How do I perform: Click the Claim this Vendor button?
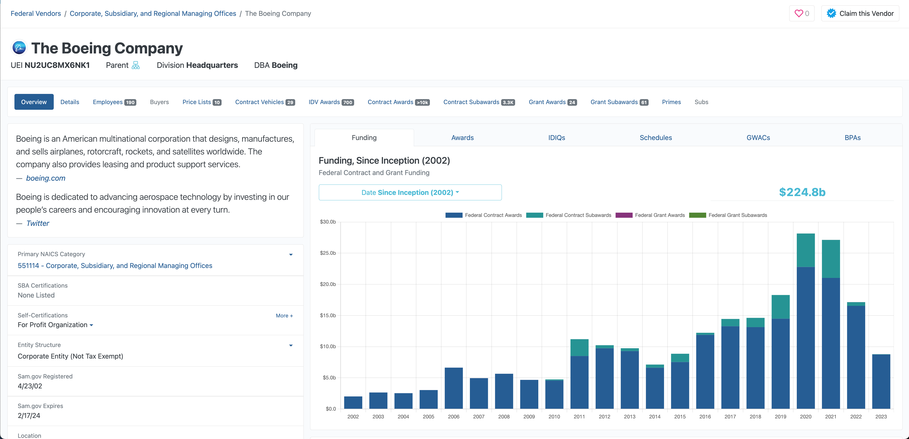tap(860, 13)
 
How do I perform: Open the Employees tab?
tap(114, 102)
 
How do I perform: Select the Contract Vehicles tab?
tap(265, 102)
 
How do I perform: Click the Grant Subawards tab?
tap(619, 102)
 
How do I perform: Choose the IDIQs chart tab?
tap(557, 137)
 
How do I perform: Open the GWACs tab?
tap(758, 137)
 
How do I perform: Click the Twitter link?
tap(38, 223)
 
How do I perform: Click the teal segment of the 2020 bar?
tap(806, 250)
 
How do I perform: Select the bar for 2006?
tap(454, 388)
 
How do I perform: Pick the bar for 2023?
tap(881, 382)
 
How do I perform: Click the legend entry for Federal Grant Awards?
tap(650, 215)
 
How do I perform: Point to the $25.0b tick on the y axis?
tap(328, 253)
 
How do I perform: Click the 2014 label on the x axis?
tap(655, 417)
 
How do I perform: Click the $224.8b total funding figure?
tap(802, 192)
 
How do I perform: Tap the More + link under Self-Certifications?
tap(284, 316)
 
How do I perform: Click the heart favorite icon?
tap(798, 13)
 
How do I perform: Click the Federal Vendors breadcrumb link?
tap(36, 13)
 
